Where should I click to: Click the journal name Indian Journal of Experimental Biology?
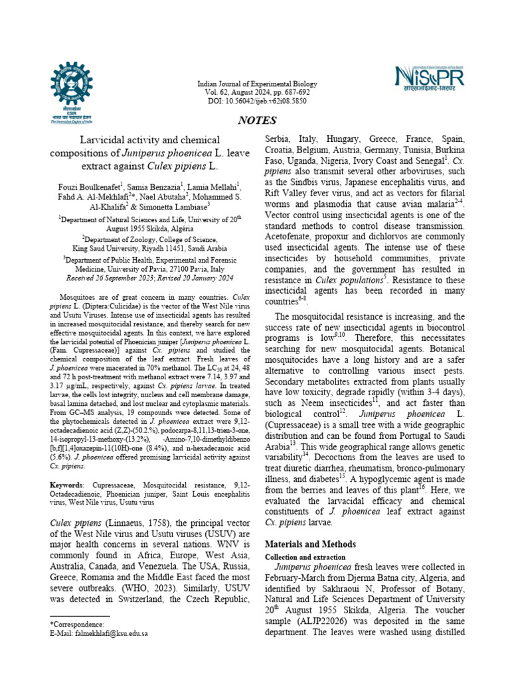(x=258, y=84)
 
